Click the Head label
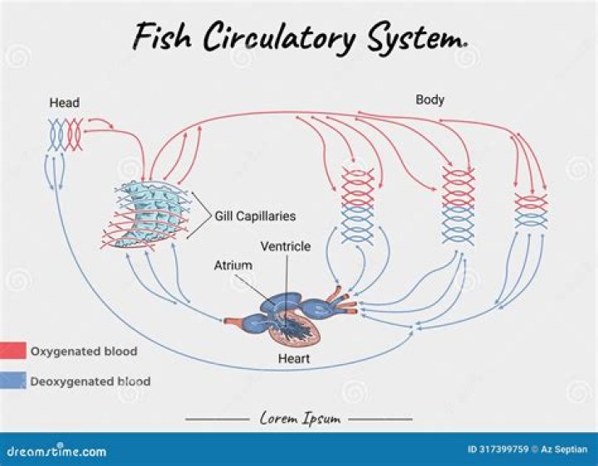64,103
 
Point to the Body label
429,100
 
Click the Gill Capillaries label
255,216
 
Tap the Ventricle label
285,246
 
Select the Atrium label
233,265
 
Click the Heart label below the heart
294,359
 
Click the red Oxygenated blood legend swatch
13,351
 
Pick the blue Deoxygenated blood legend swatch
13,381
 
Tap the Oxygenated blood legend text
84,352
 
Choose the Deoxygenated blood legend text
91,382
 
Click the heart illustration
291,319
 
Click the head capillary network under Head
65,133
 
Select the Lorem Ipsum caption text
299,419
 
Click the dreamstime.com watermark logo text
54,452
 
